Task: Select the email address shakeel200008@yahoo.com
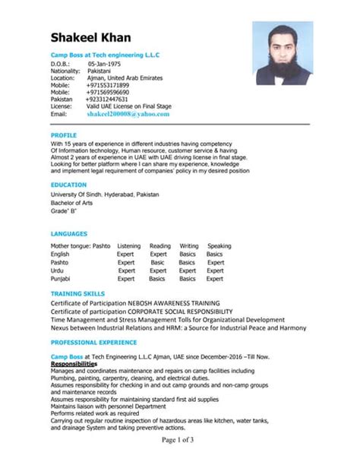(128, 113)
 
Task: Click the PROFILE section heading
(64, 134)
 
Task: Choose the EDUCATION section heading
(68, 185)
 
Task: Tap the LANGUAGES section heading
(70, 233)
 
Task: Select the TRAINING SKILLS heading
(77, 293)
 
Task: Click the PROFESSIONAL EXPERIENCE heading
(93, 343)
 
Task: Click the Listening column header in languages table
(128, 246)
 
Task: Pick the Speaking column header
(219, 246)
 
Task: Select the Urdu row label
(57, 270)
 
